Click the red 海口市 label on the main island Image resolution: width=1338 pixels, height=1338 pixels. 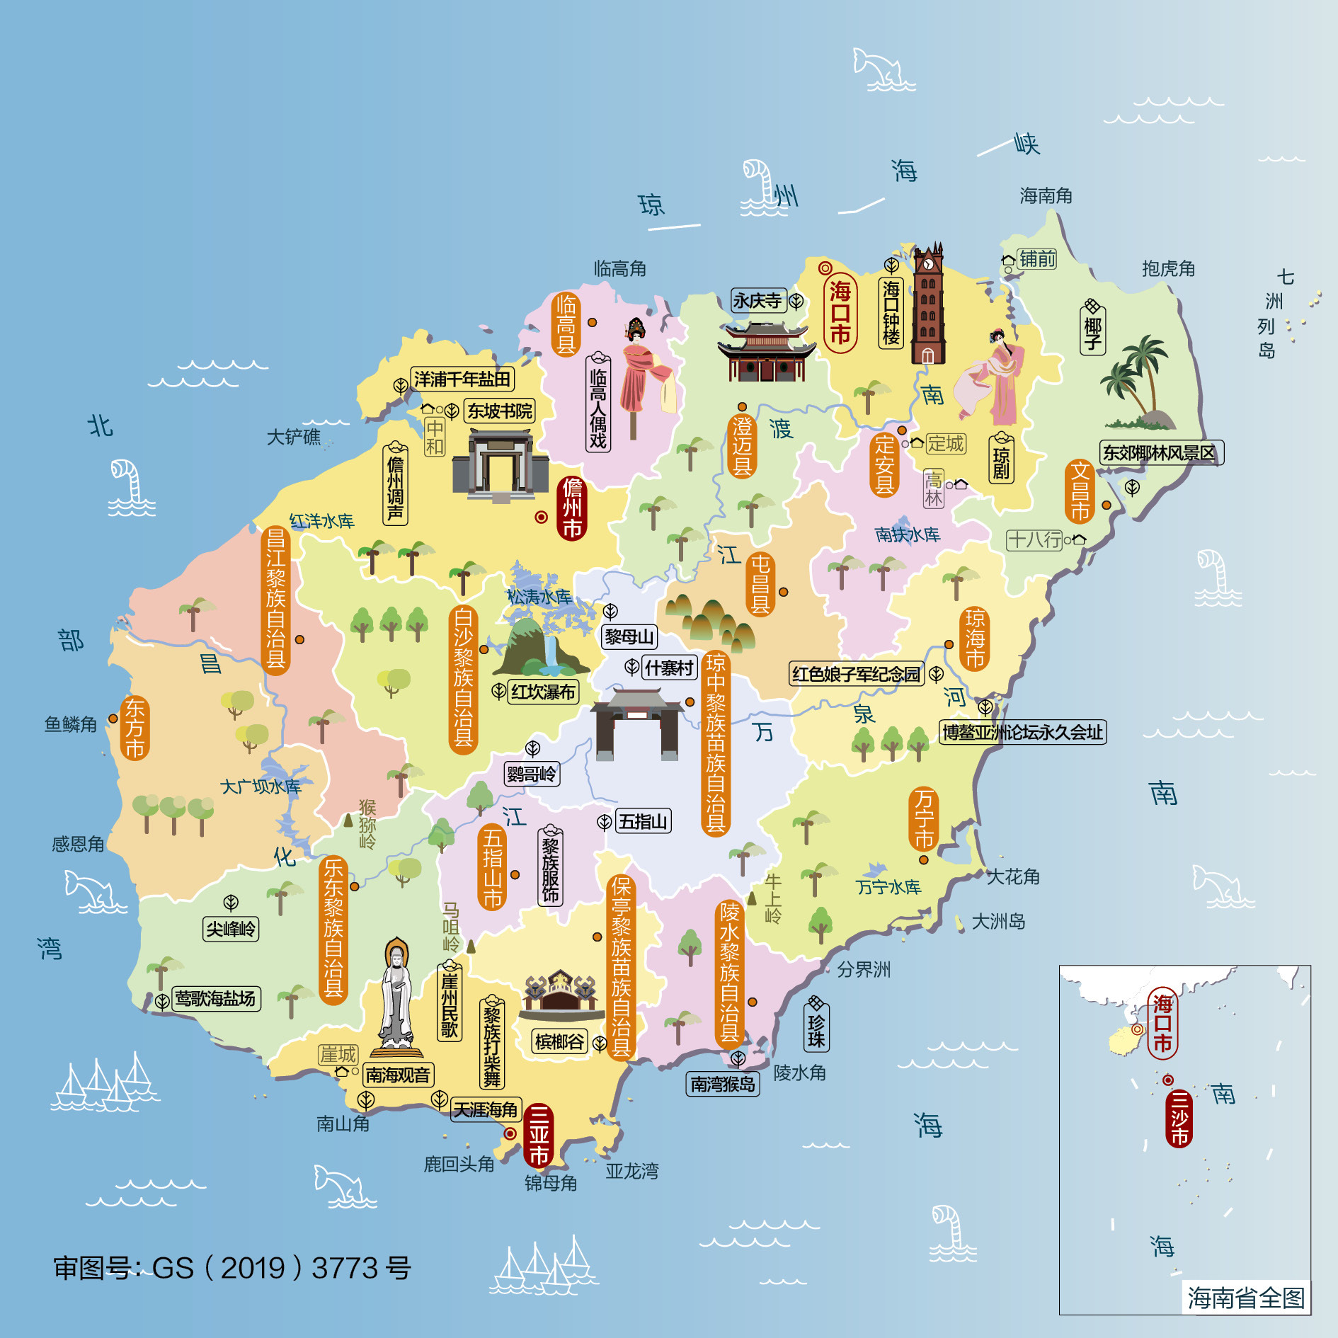pyautogui.click(x=840, y=313)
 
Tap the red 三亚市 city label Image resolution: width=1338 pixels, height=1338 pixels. pyautogui.click(x=539, y=1135)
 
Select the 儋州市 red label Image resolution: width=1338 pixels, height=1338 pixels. pyautogui.click(x=572, y=508)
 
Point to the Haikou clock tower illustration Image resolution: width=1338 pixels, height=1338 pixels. pyautogui.click(x=927, y=304)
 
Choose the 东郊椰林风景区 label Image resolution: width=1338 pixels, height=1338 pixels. pyautogui.click(x=1160, y=453)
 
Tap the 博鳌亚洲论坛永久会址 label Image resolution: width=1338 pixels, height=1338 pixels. pyautogui.click(x=1022, y=732)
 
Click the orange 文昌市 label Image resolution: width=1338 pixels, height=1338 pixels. pyautogui.click(x=1080, y=491)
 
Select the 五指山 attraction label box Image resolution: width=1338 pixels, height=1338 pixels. pyautogui.click(x=643, y=821)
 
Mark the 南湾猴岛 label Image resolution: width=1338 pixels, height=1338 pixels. pyautogui.click(x=723, y=1084)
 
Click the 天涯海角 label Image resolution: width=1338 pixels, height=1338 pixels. pyautogui.click(x=486, y=1109)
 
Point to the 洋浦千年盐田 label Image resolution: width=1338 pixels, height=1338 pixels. pyautogui.click(x=462, y=379)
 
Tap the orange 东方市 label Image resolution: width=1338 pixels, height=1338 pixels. pyautogui.click(x=135, y=728)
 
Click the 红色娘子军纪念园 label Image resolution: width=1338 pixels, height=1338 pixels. pyautogui.click(x=856, y=674)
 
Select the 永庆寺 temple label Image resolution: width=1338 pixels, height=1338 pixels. pyautogui.click(x=757, y=301)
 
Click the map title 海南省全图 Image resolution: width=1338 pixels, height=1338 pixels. pyautogui.click(x=1246, y=1298)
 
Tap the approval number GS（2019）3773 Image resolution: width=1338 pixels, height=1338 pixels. pyautogui.click(x=232, y=1268)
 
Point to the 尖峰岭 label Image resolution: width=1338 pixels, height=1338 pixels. pyautogui.click(x=231, y=929)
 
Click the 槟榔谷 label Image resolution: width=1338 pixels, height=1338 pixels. pyautogui.click(x=560, y=1042)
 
